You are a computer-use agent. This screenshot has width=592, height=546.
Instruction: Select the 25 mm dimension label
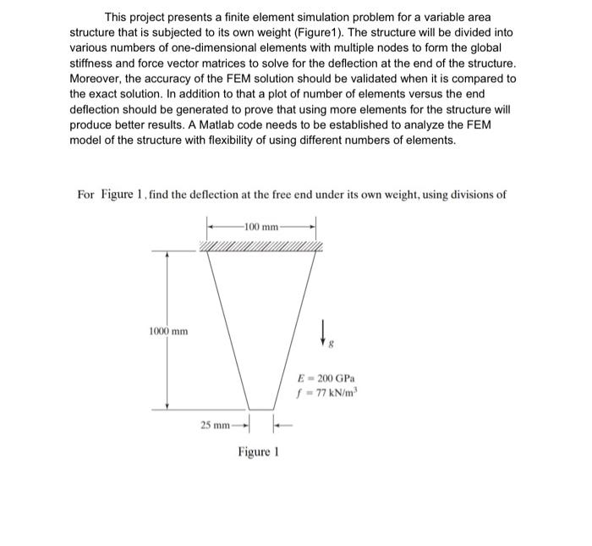(x=215, y=423)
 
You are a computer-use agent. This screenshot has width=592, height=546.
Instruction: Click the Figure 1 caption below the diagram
(x=259, y=452)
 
